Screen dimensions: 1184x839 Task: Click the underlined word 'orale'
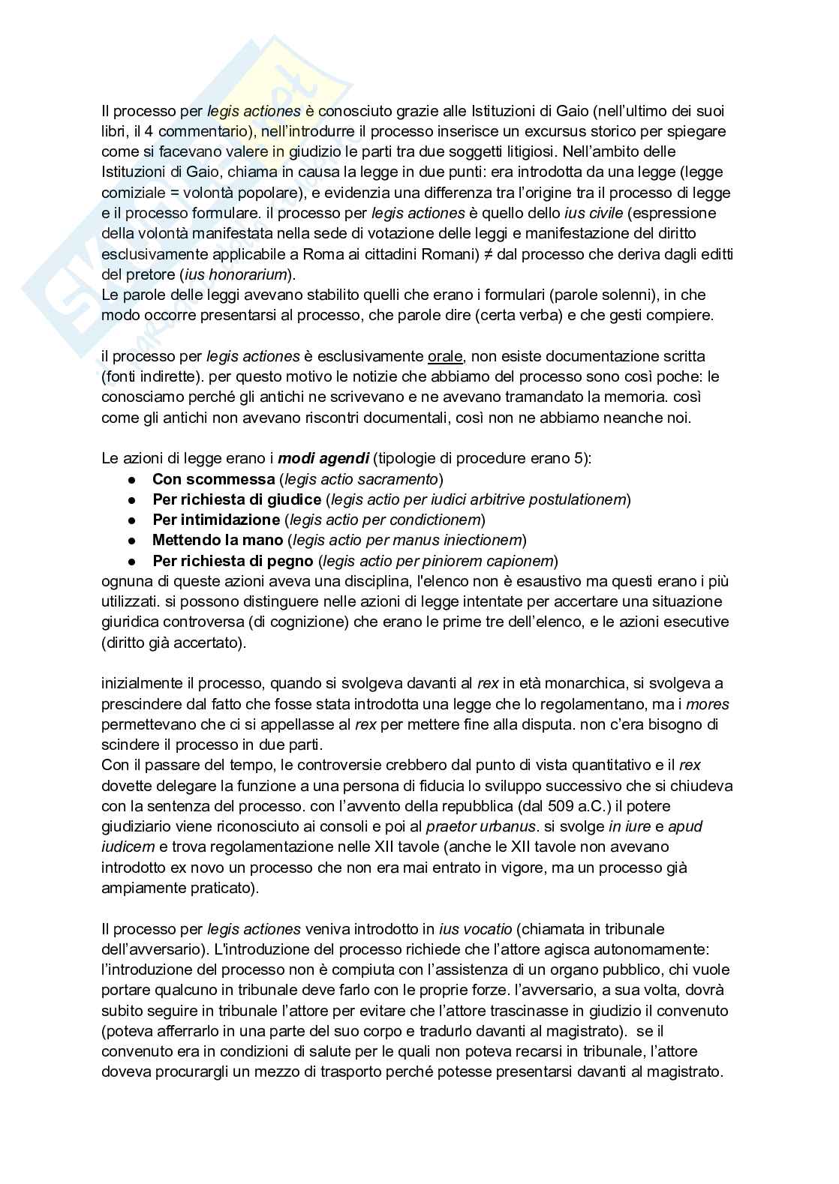(x=445, y=356)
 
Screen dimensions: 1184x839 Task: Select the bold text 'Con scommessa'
(x=213, y=479)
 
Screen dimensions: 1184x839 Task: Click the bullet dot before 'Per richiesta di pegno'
(x=131, y=561)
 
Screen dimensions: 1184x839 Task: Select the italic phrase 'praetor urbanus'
(x=480, y=827)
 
